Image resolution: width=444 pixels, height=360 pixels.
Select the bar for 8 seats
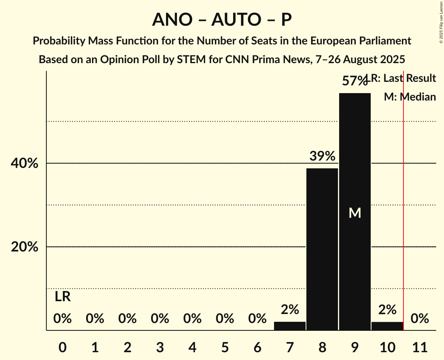[322, 249]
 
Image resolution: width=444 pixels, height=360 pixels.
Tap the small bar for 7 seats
[290, 326]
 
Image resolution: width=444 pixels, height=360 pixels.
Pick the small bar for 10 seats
[387, 326]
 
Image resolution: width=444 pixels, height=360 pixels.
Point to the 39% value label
[322, 156]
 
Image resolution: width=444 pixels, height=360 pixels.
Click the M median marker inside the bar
[355, 213]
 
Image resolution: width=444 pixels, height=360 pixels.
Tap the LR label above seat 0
[62, 297]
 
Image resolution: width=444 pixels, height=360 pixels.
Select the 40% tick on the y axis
[25, 163]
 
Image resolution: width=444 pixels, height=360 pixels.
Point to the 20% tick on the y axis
[25, 247]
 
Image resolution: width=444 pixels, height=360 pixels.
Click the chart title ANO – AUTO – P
[222, 19]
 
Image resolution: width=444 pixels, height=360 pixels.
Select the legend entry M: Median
[410, 97]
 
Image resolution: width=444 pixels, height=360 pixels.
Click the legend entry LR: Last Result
[403, 78]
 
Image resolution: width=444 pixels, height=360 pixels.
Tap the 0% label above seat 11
[420, 319]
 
